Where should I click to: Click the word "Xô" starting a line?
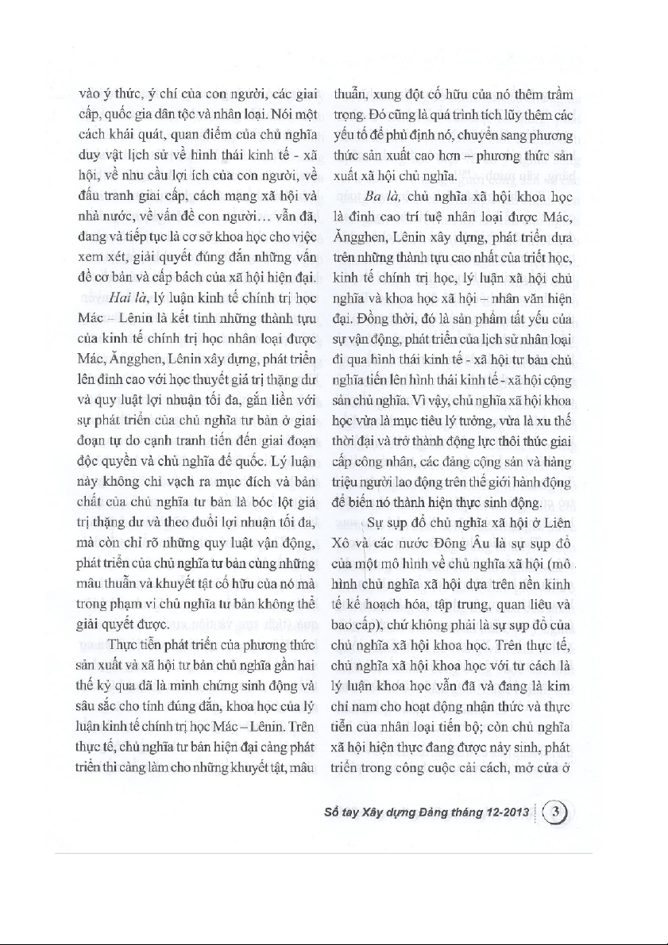pos(342,547)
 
